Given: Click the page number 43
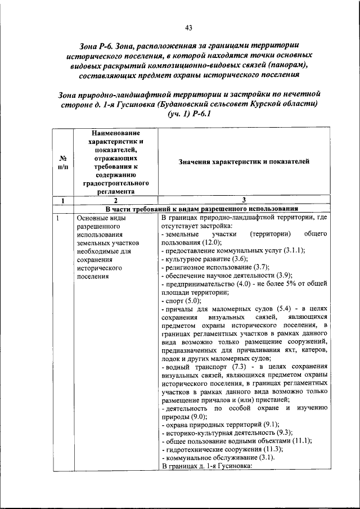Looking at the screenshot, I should point(188,29).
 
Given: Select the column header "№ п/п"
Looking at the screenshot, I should point(64,162).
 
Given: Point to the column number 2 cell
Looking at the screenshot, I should point(115,200).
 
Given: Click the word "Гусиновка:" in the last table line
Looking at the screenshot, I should point(232,466).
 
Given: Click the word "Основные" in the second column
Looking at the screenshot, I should point(92,217).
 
